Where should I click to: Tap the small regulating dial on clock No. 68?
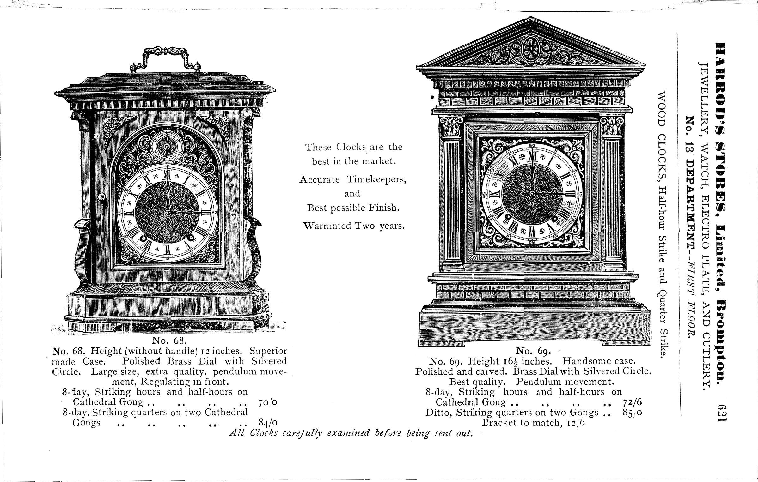(x=165, y=146)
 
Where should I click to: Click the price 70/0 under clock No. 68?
(x=267, y=402)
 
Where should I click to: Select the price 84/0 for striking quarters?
(x=268, y=423)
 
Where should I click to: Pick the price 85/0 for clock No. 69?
(x=632, y=413)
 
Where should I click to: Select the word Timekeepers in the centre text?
(x=376, y=180)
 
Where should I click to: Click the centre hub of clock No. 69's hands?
(x=533, y=193)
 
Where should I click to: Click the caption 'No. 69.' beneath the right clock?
(x=534, y=351)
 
